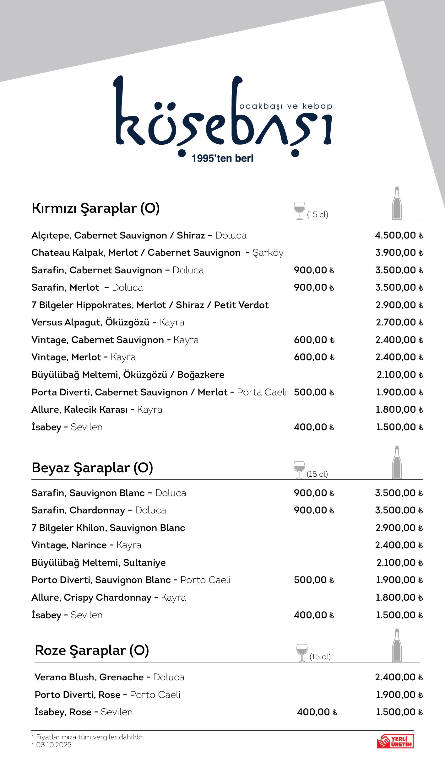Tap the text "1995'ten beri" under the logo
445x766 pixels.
[222, 158]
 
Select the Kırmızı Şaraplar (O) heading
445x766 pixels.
[95, 208]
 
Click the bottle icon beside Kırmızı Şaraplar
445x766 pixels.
[397, 203]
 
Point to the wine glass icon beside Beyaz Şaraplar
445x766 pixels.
[299, 469]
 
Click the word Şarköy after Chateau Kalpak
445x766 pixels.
[268, 253]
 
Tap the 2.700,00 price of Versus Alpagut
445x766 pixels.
[399, 322]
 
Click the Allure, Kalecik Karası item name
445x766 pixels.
[79, 410]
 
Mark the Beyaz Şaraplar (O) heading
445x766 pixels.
[92, 468]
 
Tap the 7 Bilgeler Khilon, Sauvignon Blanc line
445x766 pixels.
[108, 528]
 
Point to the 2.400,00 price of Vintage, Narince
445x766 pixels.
[399, 545]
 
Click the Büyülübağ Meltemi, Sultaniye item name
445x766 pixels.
[99, 563]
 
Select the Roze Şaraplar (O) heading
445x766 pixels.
[92, 650]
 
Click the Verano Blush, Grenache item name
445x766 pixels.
[89, 677]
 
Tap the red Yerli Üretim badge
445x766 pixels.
[395, 741]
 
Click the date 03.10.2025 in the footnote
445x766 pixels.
[54, 745]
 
